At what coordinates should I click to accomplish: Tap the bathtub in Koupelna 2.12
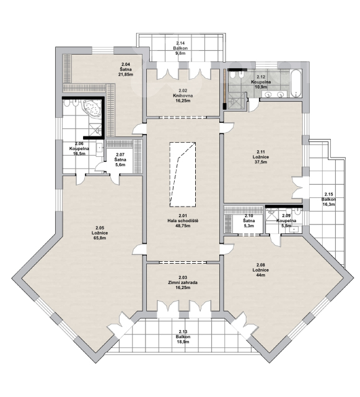tap(296, 84)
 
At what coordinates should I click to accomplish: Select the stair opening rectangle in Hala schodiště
tap(183, 175)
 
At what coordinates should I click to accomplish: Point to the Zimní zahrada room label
tap(183, 283)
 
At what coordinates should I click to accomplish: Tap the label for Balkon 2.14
tap(180, 48)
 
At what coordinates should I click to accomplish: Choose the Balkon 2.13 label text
tap(183, 337)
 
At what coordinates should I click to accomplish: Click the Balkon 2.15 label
tap(328, 200)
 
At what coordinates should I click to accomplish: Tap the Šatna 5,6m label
tap(120, 160)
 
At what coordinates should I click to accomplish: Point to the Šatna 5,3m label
tap(249, 221)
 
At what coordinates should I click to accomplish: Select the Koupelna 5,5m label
tap(286, 221)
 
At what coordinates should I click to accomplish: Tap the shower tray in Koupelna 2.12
tap(237, 100)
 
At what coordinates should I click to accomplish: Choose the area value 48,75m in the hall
tap(183, 226)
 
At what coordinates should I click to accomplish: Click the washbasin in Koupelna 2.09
tap(295, 229)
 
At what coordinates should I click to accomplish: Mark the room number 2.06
tap(79, 143)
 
